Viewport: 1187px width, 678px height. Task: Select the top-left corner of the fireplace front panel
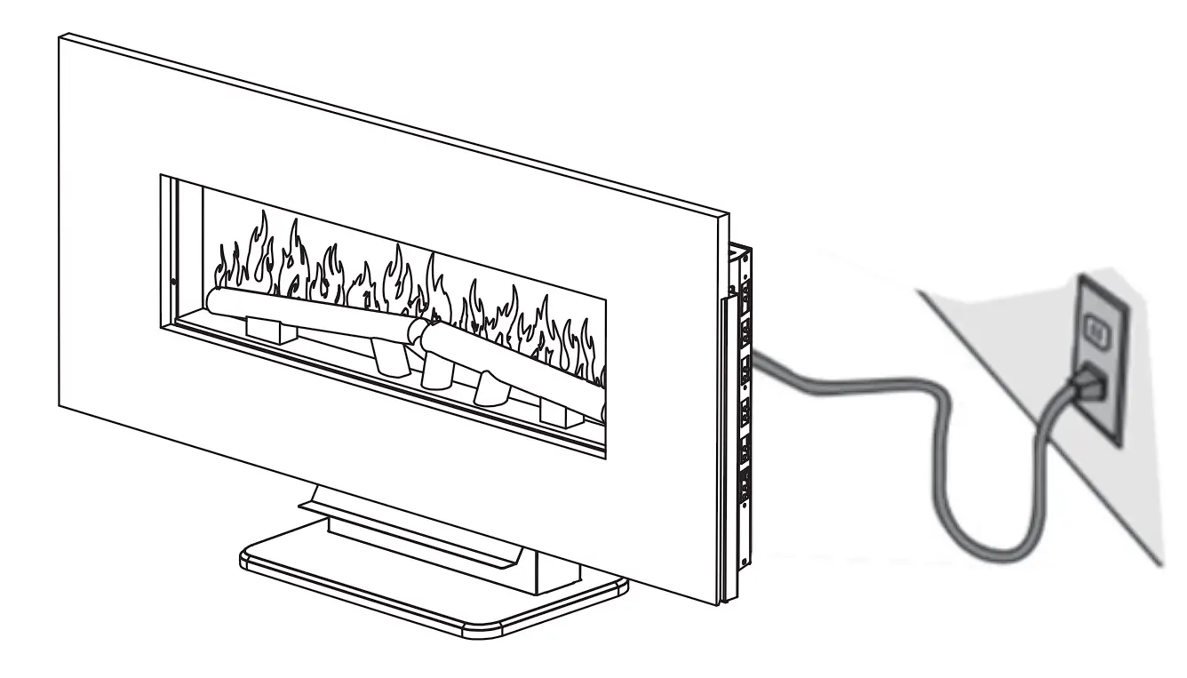click(60, 36)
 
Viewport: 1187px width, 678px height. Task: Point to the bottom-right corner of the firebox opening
click(607, 459)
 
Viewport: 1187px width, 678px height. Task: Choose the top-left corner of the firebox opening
click(161, 176)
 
